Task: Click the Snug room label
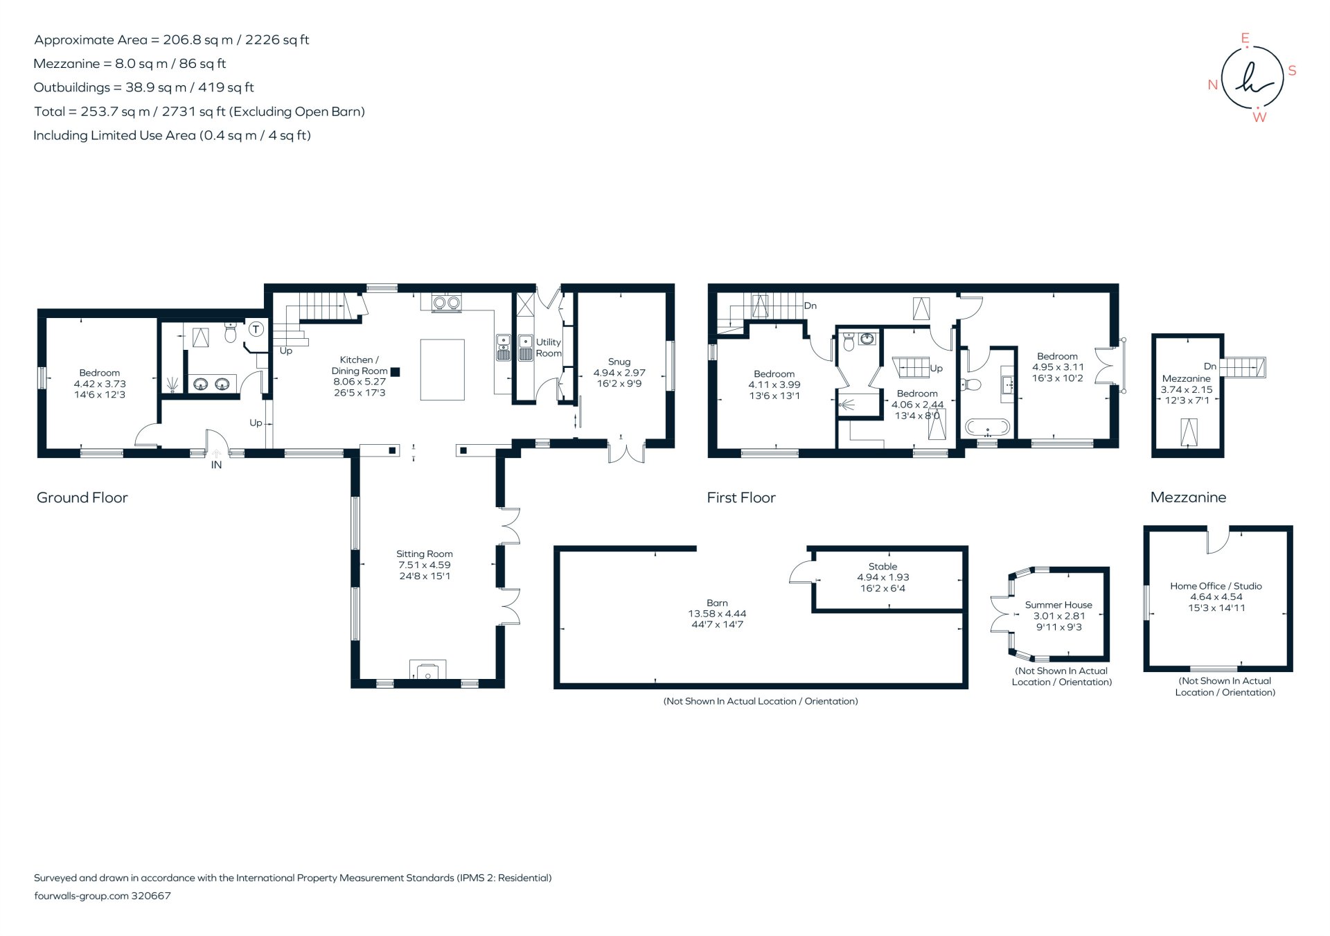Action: tap(619, 362)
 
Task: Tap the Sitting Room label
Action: tap(424, 554)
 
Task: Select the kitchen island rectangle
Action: tap(442, 369)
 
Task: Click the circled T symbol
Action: tap(256, 329)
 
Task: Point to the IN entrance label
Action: tap(216, 465)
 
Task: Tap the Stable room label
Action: tap(883, 566)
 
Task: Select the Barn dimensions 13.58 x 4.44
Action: tap(717, 614)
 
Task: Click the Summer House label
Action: tap(1058, 605)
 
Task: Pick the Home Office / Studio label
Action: tap(1216, 586)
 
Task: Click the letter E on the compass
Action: tap(1245, 39)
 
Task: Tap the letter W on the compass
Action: tap(1259, 118)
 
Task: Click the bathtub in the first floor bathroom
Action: tap(987, 426)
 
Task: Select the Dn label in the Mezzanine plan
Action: tap(1209, 366)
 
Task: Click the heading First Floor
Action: tap(741, 497)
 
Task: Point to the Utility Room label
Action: tap(548, 348)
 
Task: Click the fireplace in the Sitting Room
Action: tap(427, 671)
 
